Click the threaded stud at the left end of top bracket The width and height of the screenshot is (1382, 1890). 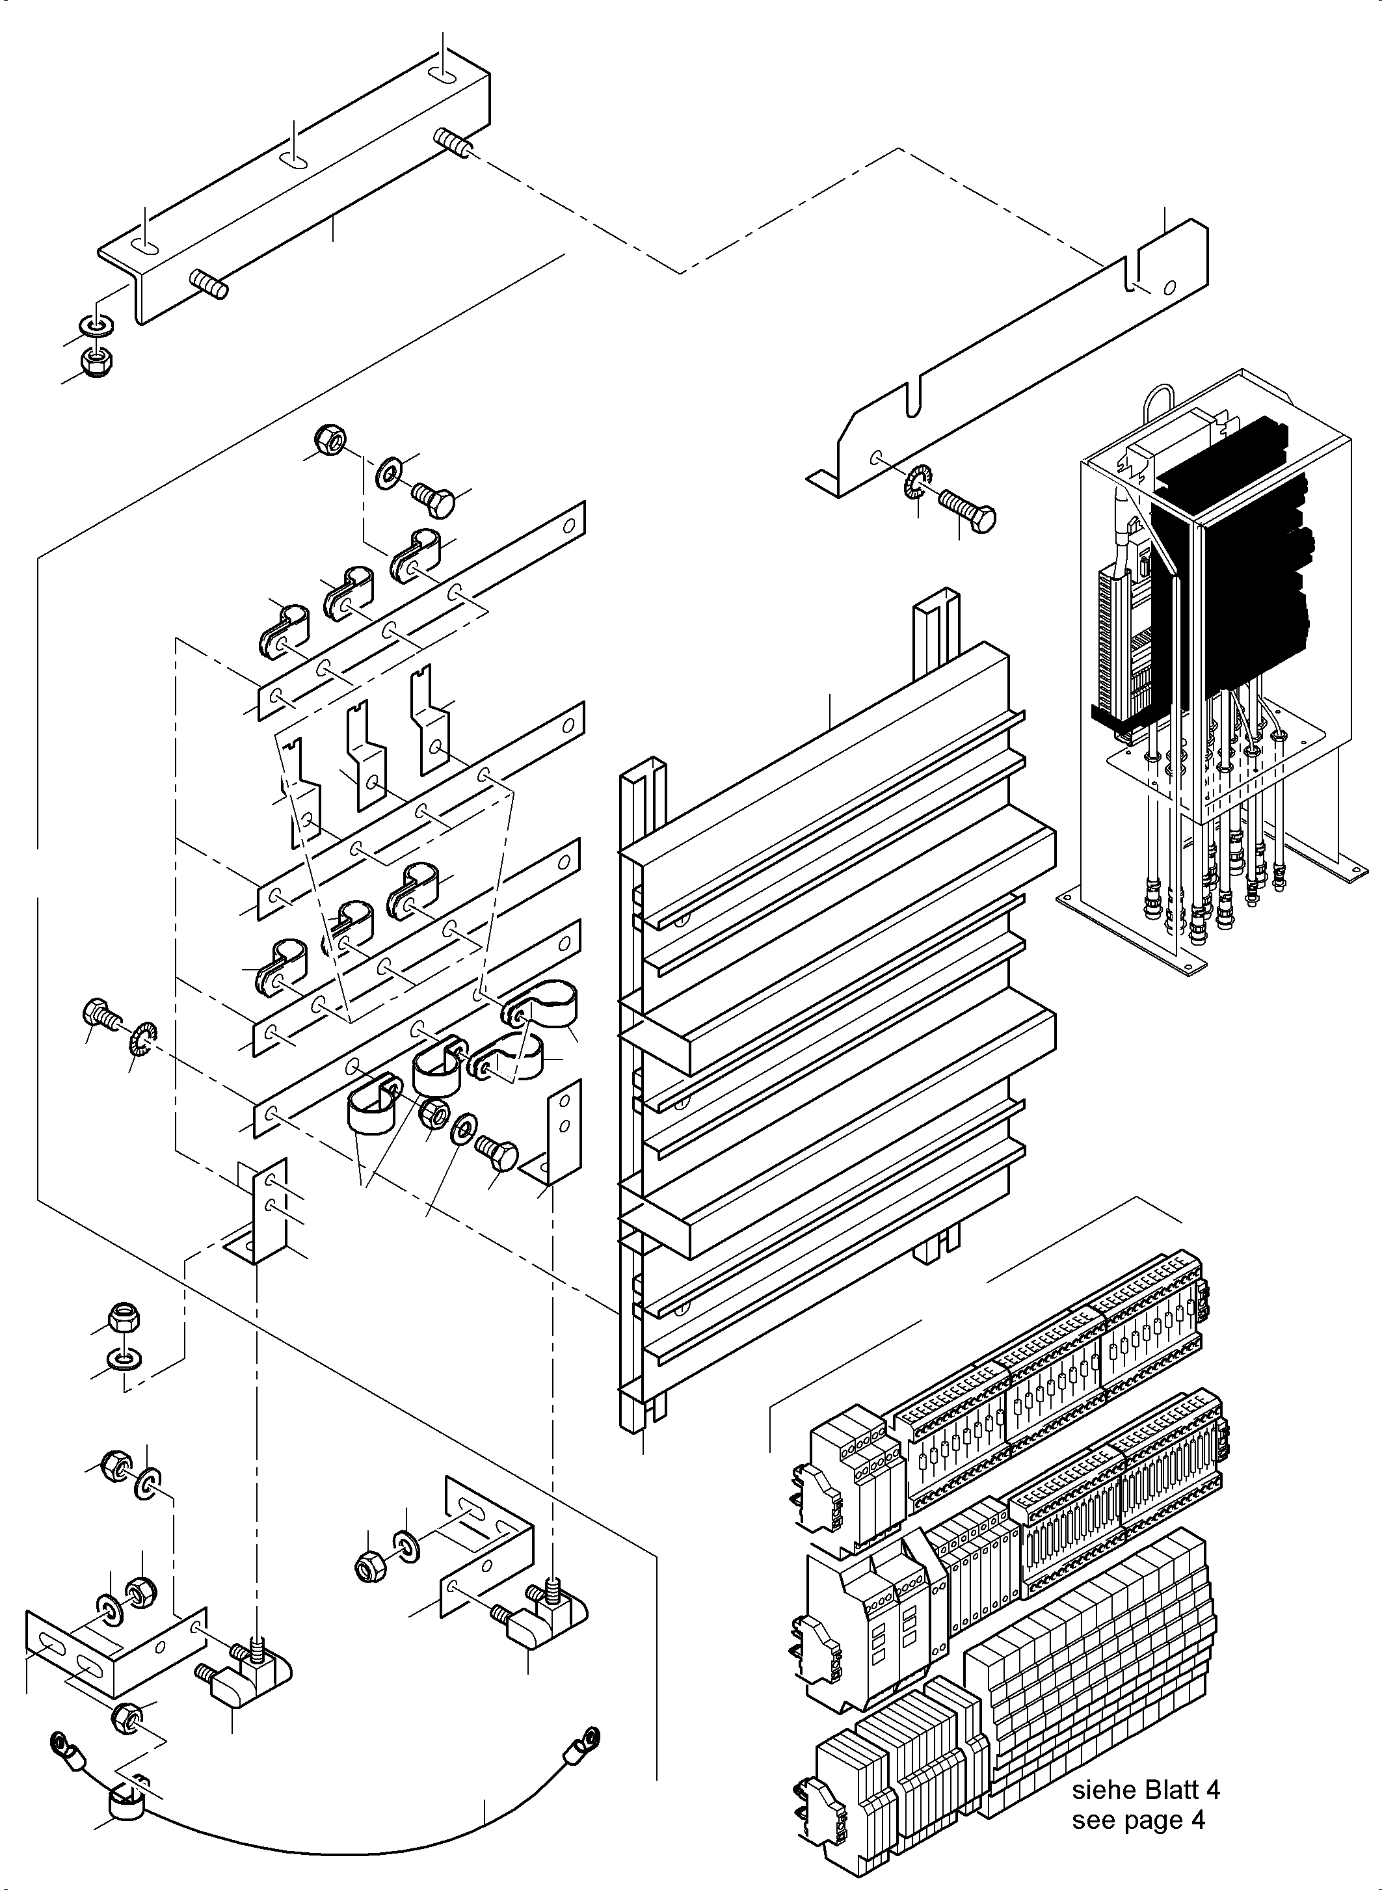point(210,284)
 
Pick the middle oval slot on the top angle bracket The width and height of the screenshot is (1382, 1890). point(293,160)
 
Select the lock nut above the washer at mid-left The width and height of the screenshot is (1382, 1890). point(125,1320)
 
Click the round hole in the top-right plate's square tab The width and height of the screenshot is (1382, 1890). point(1169,288)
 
